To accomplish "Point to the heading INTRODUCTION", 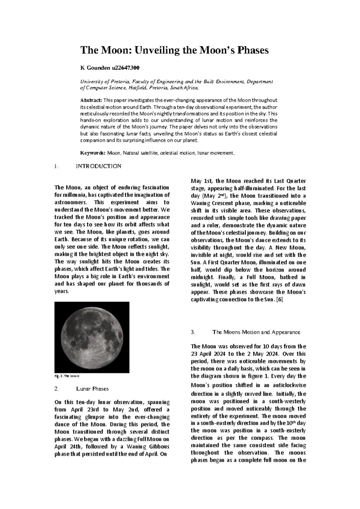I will coord(98,166).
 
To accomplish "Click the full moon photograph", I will coord(92,337).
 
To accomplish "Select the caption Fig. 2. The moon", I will coord(67,376).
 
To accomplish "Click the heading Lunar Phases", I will coord(92,389).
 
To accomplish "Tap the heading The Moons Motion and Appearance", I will coord(256,332).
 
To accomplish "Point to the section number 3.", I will coord(193,332).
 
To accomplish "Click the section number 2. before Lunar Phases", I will coord(56,389).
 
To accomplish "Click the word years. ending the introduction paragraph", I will coord(62,291).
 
